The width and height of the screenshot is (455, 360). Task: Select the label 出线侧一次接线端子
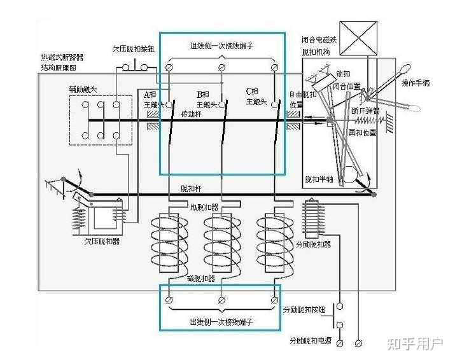pos(221,322)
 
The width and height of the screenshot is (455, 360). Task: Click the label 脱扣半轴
pos(318,179)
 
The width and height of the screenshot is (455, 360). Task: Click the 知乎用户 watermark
pos(414,344)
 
